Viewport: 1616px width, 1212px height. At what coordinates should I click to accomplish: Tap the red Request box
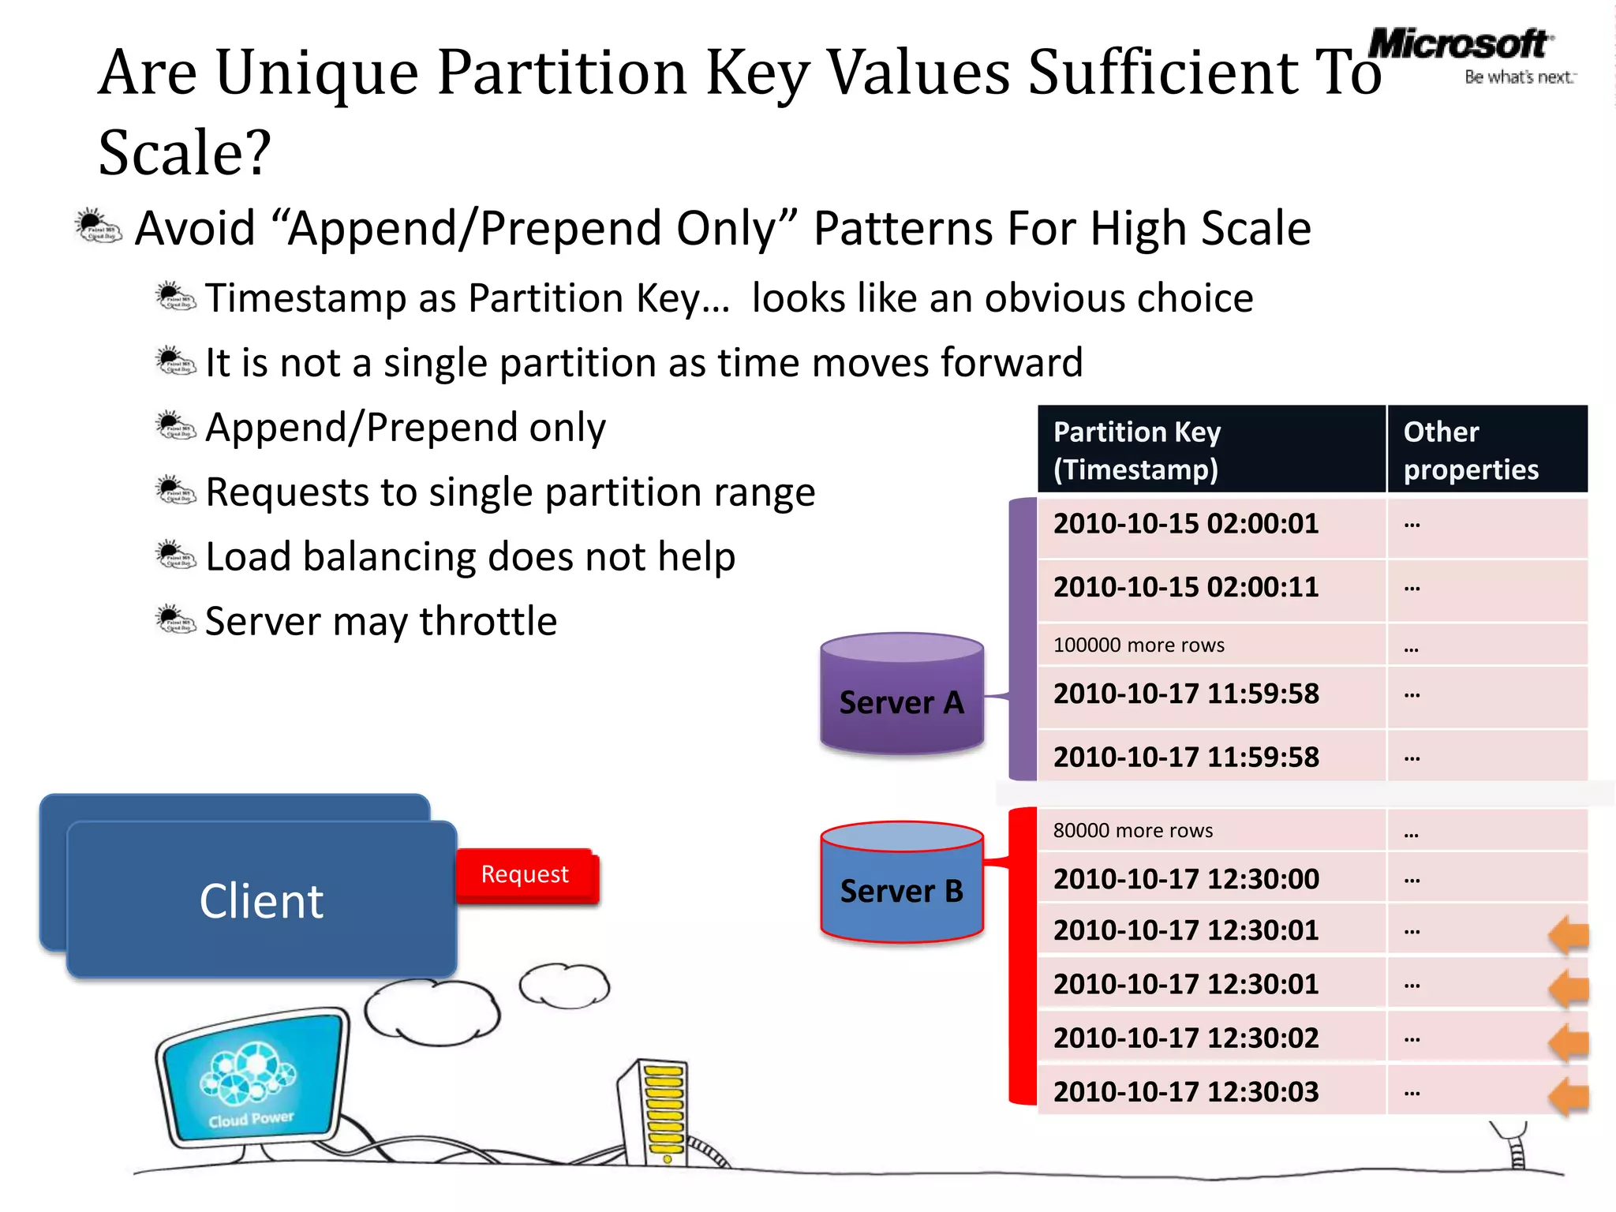[x=526, y=875]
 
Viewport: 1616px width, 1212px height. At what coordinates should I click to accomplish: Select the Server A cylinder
[x=901, y=694]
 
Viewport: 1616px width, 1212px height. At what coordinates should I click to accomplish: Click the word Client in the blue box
[x=261, y=901]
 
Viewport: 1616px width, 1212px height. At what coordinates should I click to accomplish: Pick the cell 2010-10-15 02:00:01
[x=1186, y=525]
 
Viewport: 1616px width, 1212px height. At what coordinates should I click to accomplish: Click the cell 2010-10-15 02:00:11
[x=1186, y=588]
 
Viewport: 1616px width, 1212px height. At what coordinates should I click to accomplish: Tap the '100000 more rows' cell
[x=1139, y=645]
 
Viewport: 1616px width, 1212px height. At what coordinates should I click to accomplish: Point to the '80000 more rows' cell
[x=1133, y=831]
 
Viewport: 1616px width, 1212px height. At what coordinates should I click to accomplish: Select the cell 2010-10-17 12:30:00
[x=1186, y=879]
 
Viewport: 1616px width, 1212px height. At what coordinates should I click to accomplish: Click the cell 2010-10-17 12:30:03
[x=1186, y=1092]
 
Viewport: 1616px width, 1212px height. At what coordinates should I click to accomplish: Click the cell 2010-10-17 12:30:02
[x=1186, y=1038]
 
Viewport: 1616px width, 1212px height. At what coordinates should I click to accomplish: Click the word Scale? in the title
[x=185, y=152]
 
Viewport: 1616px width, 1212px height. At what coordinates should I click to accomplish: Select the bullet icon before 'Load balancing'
[x=175, y=555]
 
